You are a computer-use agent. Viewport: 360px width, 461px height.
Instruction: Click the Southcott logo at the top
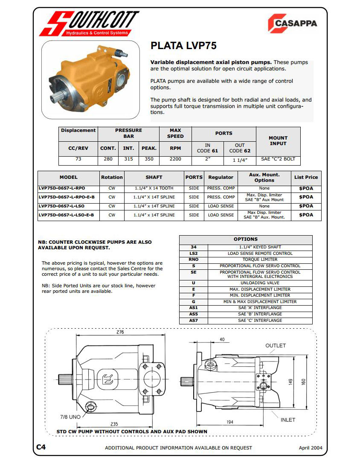tap(89, 23)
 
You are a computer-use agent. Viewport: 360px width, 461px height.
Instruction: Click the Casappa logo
tap(292, 23)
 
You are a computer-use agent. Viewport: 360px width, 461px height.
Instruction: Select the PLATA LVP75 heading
tap(184, 46)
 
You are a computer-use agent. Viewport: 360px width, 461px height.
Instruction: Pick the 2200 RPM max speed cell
tap(175, 159)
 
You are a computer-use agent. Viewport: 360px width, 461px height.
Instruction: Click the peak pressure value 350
tap(149, 159)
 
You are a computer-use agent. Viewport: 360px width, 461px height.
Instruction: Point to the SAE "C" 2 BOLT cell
tap(278, 159)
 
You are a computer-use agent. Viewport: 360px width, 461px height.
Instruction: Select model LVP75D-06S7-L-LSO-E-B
tap(67, 215)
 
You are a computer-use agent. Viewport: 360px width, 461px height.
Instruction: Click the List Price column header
tap(306, 177)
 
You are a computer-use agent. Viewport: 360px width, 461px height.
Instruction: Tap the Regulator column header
tap(221, 177)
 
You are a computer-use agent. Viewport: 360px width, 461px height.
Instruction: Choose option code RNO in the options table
tap(194, 260)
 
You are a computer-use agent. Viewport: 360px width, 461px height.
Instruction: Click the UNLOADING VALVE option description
tap(260, 283)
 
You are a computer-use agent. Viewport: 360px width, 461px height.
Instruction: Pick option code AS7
tap(194, 321)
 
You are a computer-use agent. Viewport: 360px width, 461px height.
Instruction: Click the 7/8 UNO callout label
tap(70, 416)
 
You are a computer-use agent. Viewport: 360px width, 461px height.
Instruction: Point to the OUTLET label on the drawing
tap(276, 345)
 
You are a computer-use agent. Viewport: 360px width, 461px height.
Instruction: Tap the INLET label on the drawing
tap(288, 420)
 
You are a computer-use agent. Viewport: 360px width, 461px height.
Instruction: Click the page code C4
tap(41, 447)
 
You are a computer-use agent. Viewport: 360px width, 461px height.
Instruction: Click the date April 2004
tap(310, 448)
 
